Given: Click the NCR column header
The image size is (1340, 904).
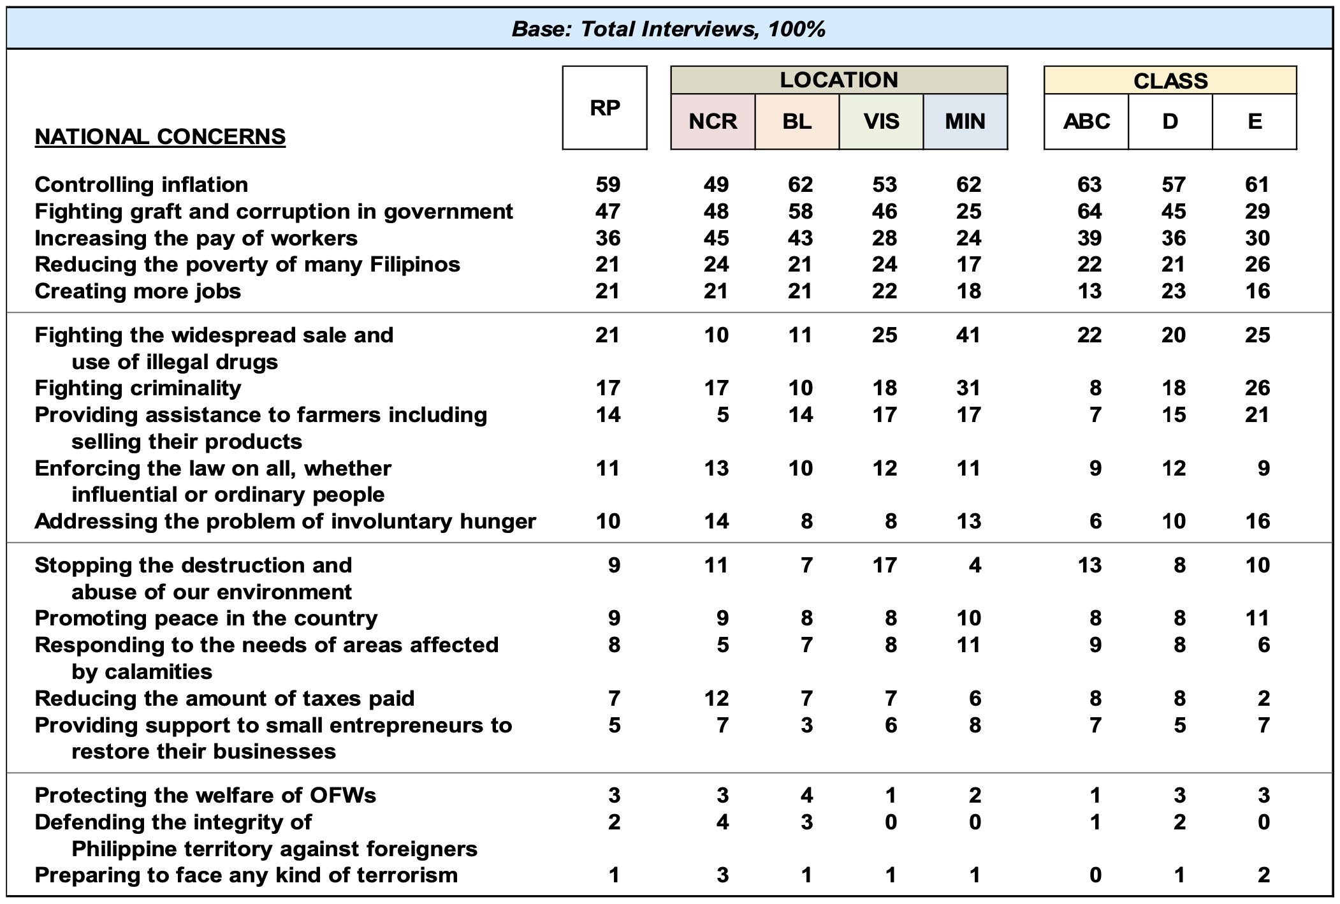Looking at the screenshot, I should click(x=713, y=121).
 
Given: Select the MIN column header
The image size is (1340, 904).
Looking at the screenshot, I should click(x=965, y=121).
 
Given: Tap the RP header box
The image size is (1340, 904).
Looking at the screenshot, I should click(x=604, y=108).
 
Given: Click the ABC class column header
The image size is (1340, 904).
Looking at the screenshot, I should click(x=1086, y=121).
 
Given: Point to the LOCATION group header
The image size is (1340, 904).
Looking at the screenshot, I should click(x=839, y=80).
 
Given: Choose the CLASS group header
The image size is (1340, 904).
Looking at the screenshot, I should click(x=1170, y=81).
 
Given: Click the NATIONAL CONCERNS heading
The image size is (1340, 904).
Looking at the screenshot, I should click(x=160, y=136).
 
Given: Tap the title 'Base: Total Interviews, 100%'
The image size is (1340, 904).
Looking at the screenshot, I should click(x=669, y=29).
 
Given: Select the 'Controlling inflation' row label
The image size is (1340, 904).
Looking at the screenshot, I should click(x=141, y=184).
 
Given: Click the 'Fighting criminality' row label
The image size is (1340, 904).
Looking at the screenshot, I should click(x=138, y=388).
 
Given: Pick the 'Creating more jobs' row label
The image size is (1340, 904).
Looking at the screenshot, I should click(x=138, y=291).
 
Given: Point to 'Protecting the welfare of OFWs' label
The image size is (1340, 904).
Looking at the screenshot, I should click(x=205, y=795).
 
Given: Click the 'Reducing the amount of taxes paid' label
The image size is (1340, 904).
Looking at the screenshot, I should click(x=224, y=698).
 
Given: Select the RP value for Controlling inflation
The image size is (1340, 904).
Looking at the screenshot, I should click(x=608, y=184).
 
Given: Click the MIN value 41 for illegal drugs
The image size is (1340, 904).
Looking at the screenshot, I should click(x=968, y=335).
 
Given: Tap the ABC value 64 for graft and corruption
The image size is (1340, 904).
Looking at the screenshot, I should click(x=1089, y=211).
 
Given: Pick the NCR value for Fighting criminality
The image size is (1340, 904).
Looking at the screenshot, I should click(x=716, y=388).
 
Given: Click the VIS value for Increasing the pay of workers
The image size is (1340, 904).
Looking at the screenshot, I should click(x=884, y=238).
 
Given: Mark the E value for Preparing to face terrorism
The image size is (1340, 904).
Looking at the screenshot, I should click(x=1264, y=875).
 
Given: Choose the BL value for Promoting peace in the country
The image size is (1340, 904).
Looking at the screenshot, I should click(x=806, y=618).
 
